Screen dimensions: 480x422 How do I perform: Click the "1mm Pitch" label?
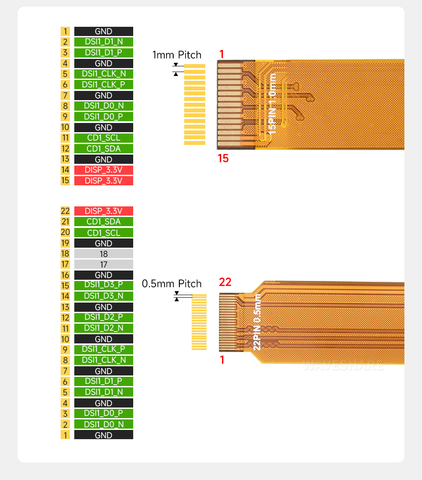(x=177, y=55)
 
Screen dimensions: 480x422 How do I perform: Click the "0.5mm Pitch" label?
(x=171, y=284)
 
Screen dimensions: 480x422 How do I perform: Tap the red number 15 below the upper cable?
(x=223, y=159)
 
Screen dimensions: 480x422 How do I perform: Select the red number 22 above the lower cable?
(x=225, y=282)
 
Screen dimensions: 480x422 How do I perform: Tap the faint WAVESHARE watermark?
(x=343, y=366)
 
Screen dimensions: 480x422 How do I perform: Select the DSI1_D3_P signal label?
(x=103, y=286)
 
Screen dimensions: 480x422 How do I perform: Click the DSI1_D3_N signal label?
(x=103, y=296)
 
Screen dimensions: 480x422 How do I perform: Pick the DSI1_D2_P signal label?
(x=103, y=318)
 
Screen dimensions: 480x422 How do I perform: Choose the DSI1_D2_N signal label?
(x=103, y=328)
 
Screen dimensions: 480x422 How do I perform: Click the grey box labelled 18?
(x=103, y=254)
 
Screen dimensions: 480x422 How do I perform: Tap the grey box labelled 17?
(x=103, y=264)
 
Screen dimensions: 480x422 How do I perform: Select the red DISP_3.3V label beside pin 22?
(x=103, y=211)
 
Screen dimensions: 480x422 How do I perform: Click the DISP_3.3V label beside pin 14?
(x=103, y=170)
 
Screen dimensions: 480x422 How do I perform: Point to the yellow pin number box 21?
(x=65, y=222)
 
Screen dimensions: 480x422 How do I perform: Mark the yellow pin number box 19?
(x=65, y=243)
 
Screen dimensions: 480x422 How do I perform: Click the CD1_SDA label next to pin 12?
(x=103, y=148)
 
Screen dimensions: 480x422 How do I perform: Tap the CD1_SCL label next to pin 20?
(x=103, y=233)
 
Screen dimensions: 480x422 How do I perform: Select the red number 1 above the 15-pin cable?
(x=222, y=54)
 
